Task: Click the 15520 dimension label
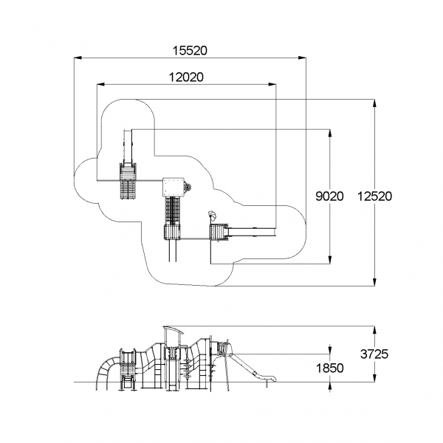click(x=190, y=50)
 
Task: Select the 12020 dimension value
click(x=186, y=77)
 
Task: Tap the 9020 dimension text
click(x=329, y=196)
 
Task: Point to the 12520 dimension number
click(x=374, y=196)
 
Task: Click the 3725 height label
click(x=374, y=354)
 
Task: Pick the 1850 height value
click(x=329, y=368)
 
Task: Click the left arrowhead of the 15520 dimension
click(x=78, y=58)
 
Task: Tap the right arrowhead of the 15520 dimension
click(x=302, y=58)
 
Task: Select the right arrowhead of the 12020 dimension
click(x=272, y=84)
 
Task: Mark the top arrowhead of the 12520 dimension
click(x=374, y=103)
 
